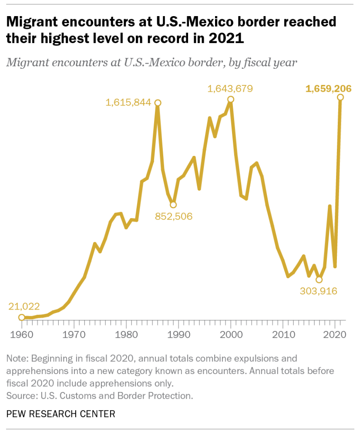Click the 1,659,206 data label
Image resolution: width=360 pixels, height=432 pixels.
(328, 89)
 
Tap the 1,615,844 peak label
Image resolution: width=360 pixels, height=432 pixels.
(128, 103)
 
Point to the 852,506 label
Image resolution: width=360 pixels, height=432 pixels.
(173, 216)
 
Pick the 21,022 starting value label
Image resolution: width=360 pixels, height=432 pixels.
(27, 307)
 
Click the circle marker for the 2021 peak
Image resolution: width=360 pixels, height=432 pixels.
(340, 97)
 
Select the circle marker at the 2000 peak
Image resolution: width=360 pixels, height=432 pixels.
(231, 99)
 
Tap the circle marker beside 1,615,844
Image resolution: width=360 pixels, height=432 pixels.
(158, 103)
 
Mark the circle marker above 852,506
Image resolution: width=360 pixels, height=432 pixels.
(173, 204)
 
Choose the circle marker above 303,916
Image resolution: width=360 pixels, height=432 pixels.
(319, 280)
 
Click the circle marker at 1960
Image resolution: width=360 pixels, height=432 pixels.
(21, 317)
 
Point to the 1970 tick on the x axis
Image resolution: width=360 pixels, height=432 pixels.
(74, 336)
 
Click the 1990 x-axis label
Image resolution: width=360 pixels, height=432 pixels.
(178, 336)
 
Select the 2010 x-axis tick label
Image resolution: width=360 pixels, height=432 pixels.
(283, 336)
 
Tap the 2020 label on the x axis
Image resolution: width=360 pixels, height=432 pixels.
(335, 336)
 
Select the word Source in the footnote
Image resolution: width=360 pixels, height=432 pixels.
(21, 396)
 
